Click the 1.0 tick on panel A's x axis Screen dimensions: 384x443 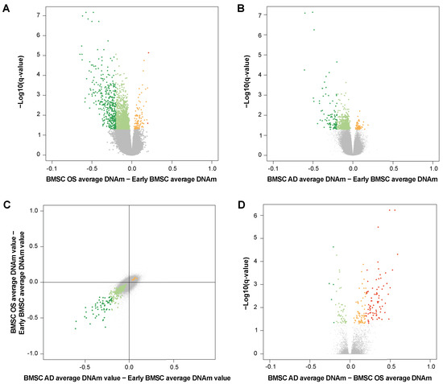coord(212,166)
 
